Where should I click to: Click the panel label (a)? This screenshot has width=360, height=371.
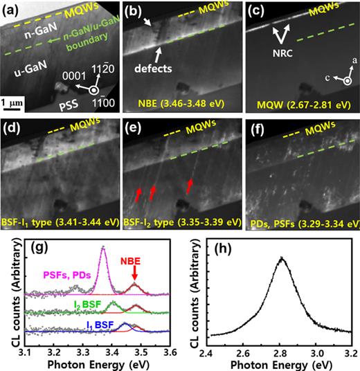12,10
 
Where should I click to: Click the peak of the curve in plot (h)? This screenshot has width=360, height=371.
281,258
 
